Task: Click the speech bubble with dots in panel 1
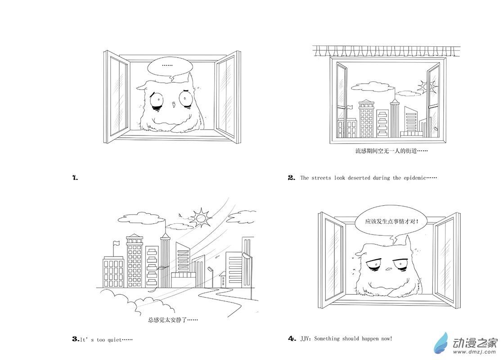pos(167,67)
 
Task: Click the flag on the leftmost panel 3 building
pos(116,243)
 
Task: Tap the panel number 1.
pos(75,177)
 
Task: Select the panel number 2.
pos(291,177)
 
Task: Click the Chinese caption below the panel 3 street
pos(173,320)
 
